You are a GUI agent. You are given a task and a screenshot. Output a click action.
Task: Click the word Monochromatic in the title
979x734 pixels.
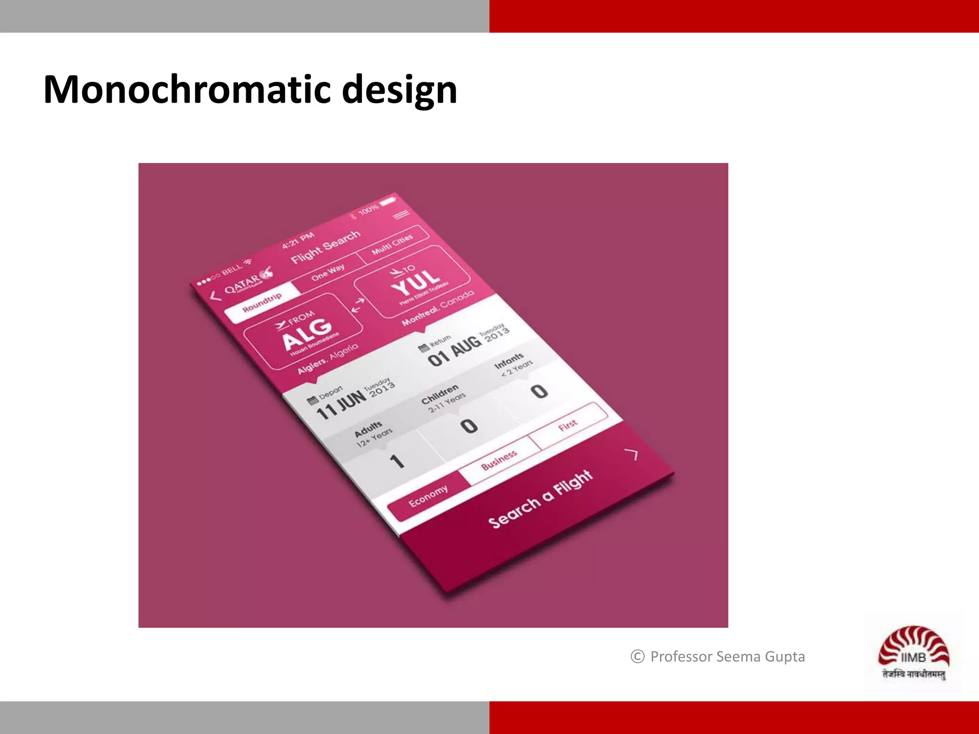[186, 90]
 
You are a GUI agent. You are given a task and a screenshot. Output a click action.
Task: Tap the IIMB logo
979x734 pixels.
[914, 653]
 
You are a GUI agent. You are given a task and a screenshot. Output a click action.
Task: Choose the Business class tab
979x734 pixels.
[499, 460]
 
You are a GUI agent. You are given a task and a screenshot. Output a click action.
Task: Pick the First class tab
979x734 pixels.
[567, 425]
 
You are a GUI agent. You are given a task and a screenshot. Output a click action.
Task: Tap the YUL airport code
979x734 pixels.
[415, 282]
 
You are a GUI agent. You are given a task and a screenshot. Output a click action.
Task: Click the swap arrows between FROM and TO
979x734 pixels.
[358, 305]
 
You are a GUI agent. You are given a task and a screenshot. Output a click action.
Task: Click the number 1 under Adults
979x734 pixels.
[396, 461]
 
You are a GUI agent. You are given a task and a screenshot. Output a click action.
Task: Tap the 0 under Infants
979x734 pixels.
[539, 391]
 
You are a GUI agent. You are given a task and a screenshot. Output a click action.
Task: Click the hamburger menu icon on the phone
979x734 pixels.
[401, 215]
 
